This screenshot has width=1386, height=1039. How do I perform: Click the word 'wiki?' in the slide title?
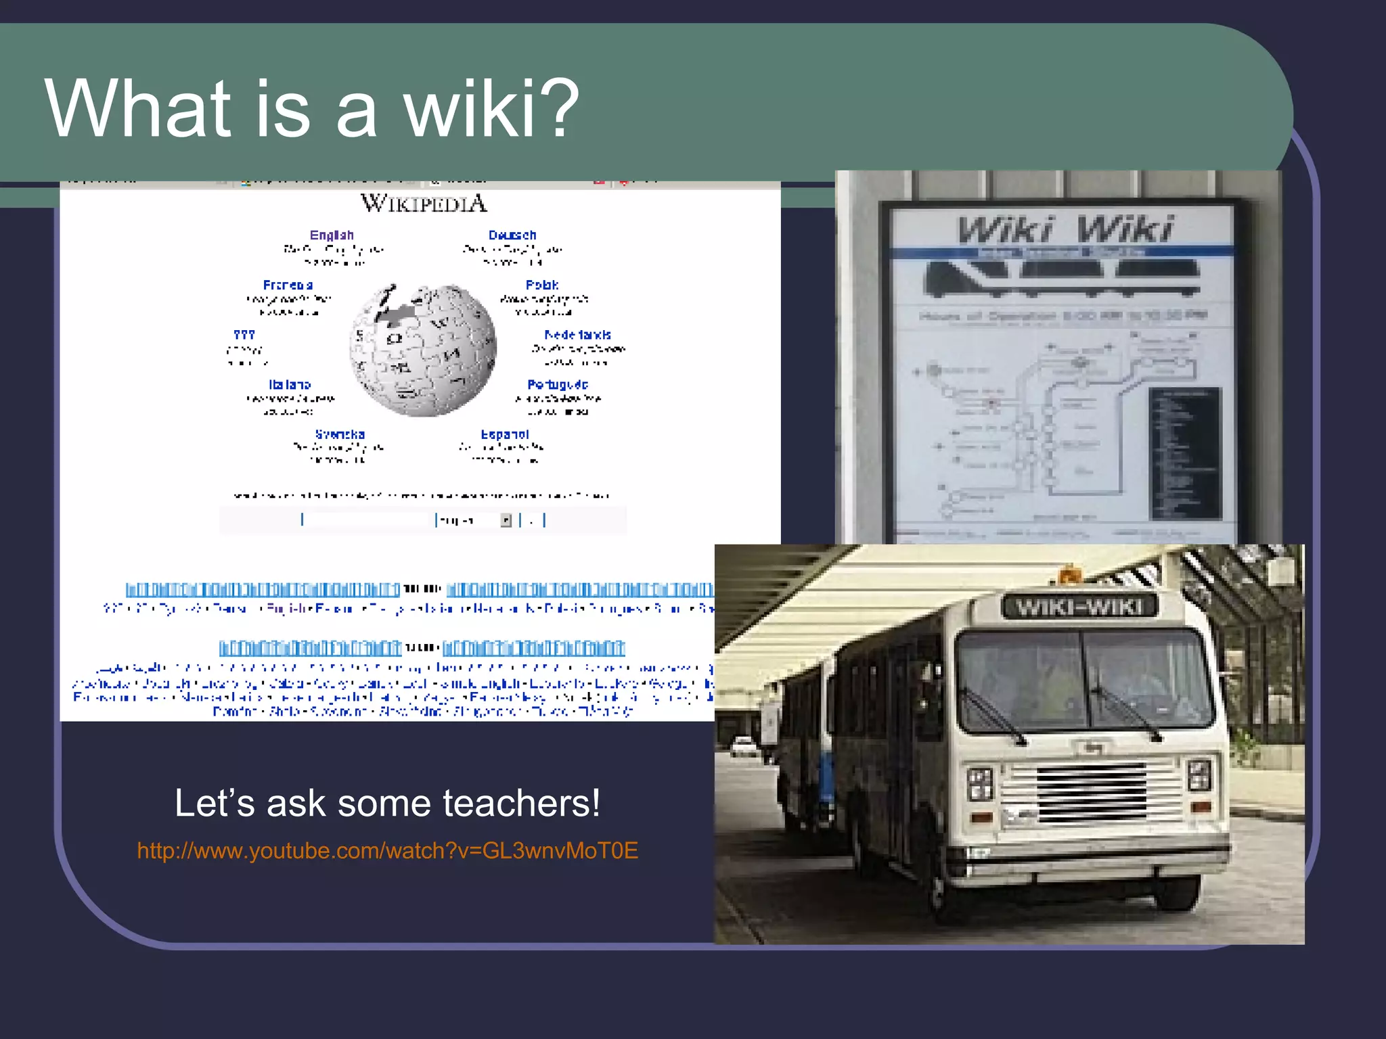click(491, 108)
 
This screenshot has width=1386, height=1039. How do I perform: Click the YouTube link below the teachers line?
click(387, 850)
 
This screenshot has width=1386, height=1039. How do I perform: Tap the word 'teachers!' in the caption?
click(521, 804)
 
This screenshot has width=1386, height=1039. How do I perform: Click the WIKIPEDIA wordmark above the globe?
click(424, 203)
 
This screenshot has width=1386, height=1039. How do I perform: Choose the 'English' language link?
click(332, 235)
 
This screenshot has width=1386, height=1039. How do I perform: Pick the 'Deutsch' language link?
click(512, 235)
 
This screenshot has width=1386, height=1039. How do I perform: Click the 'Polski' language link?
click(542, 285)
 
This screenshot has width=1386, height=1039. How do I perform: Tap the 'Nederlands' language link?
click(577, 335)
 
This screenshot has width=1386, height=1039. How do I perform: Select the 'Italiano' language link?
click(290, 384)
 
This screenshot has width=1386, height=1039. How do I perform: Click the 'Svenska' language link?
click(340, 434)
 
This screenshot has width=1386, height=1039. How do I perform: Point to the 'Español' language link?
click(505, 434)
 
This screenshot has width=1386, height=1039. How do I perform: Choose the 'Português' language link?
click(558, 384)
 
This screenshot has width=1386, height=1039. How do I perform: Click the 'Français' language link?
click(288, 285)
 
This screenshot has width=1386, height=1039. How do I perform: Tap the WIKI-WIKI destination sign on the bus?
click(1079, 607)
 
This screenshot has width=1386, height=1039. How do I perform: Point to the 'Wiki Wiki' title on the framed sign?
click(1065, 229)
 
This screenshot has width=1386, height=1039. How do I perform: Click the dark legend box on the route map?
click(1184, 453)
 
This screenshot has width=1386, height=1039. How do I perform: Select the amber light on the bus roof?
click(1069, 575)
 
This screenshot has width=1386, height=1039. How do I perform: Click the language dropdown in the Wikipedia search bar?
click(474, 520)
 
